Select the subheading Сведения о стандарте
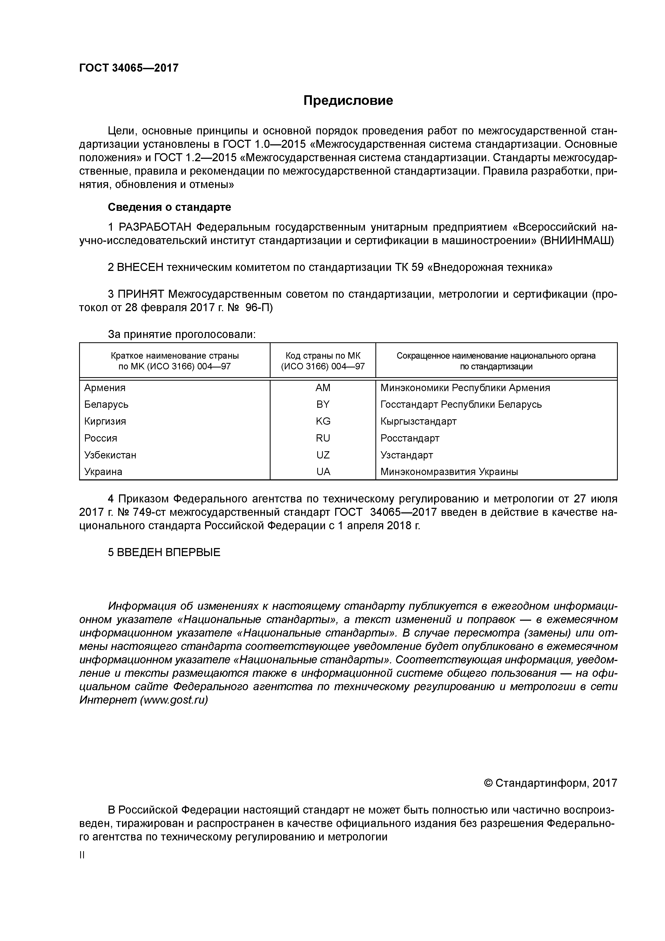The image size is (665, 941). coord(169,207)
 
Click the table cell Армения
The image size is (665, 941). coord(105,388)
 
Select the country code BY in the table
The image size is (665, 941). coord(323,405)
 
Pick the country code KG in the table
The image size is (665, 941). coord(323,421)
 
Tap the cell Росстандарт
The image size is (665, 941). coord(410,438)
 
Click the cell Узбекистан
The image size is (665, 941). coord(110,455)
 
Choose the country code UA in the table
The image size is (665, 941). coord(323,472)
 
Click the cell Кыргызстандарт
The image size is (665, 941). coord(418,421)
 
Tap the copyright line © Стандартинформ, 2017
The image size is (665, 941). coord(550,783)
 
